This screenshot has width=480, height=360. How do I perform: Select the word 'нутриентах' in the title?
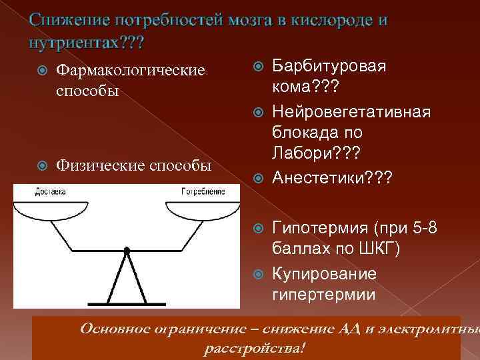(72, 42)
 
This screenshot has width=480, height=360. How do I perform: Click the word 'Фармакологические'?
(130, 70)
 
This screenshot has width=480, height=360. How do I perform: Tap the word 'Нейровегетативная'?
(351, 111)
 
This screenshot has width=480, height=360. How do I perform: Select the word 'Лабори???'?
(309, 154)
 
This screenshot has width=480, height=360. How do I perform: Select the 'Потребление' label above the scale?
(203, 191)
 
